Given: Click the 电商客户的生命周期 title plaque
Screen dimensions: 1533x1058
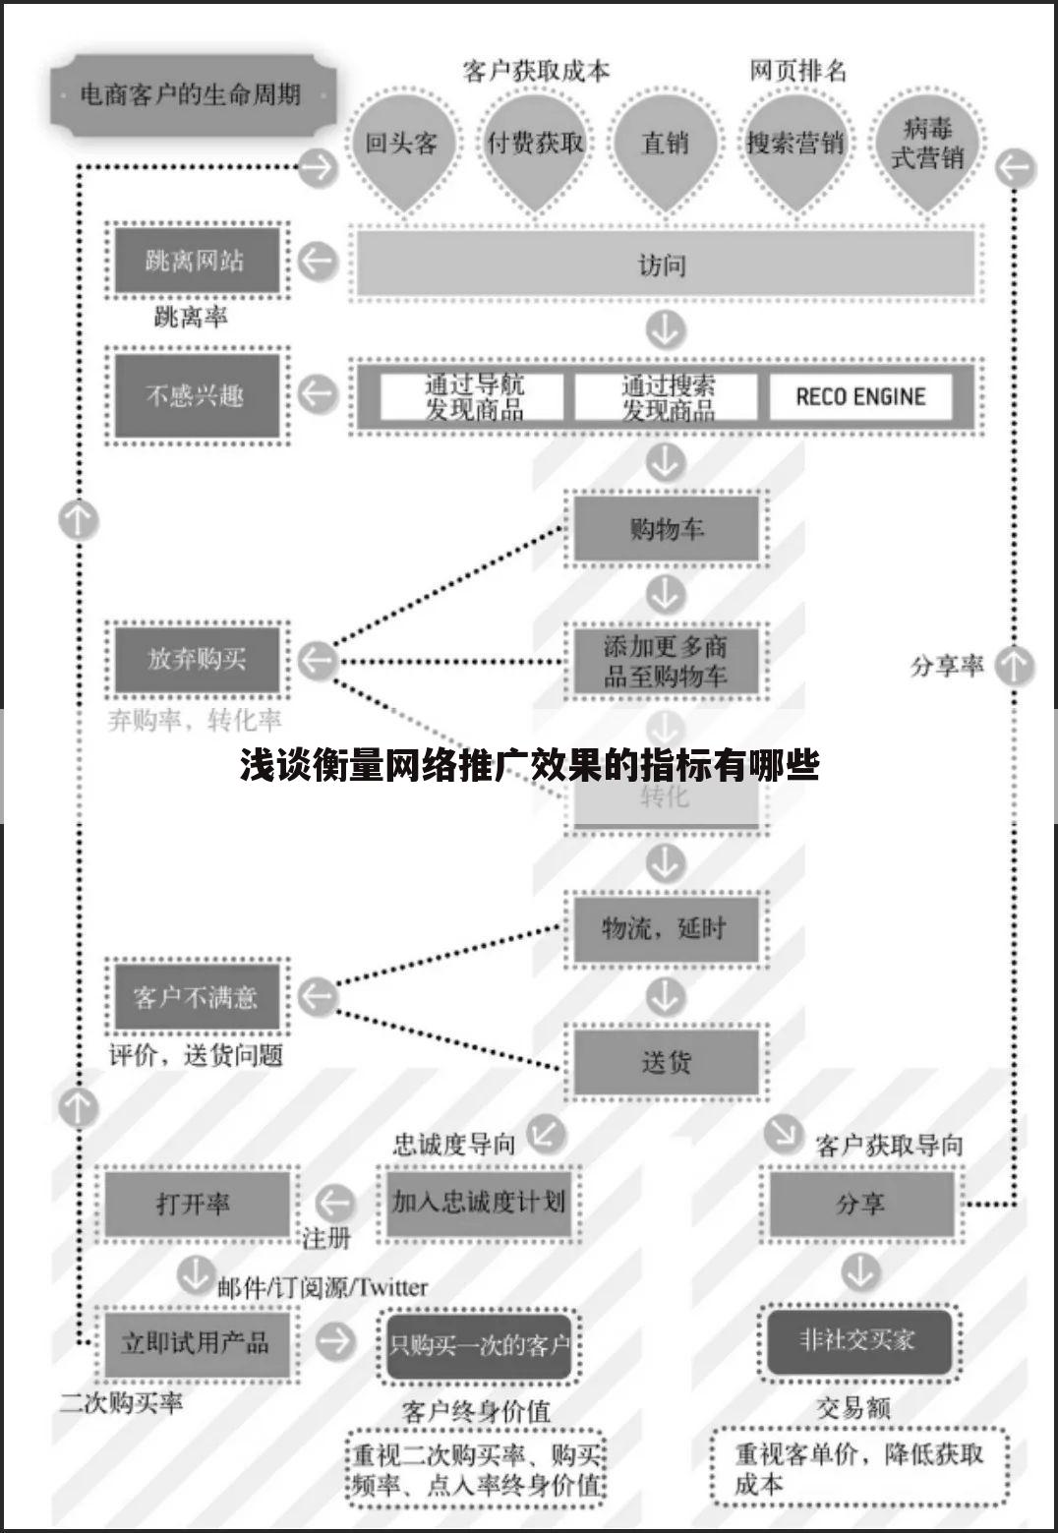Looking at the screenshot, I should point(191,95).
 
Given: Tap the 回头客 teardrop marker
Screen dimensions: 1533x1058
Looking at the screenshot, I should point(401,145).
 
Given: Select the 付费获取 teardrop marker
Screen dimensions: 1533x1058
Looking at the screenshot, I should point(535,145).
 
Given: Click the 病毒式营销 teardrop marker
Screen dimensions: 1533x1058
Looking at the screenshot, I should point(927,145).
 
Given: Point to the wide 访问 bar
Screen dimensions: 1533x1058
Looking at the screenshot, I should point(664,265).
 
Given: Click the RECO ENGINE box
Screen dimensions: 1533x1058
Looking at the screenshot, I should point(860,396).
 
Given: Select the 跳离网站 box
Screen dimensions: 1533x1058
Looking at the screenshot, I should point(197,262).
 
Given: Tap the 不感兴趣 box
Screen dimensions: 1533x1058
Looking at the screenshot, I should point(197,395).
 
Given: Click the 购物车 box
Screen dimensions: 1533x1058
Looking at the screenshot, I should point(666,529).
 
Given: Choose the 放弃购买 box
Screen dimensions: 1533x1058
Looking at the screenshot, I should point(197,659).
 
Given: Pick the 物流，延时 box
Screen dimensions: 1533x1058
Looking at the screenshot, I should point(666,928).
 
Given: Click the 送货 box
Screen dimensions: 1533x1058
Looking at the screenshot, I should point(666,1062).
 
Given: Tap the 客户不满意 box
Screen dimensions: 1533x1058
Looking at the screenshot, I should point(197,997).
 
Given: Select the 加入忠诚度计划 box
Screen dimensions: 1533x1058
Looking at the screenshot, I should point(479,1202).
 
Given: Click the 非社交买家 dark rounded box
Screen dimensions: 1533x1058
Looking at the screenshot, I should point(858,1340).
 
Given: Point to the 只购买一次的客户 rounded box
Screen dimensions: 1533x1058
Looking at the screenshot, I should point(479,1344).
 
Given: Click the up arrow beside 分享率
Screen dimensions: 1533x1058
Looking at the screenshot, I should point(1014,666).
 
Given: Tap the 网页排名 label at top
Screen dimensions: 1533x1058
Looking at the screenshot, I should point(797,71).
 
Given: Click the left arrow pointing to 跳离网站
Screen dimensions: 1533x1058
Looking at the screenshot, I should point(318,262).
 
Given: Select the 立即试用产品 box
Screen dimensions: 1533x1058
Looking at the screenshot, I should point(196,1343).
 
